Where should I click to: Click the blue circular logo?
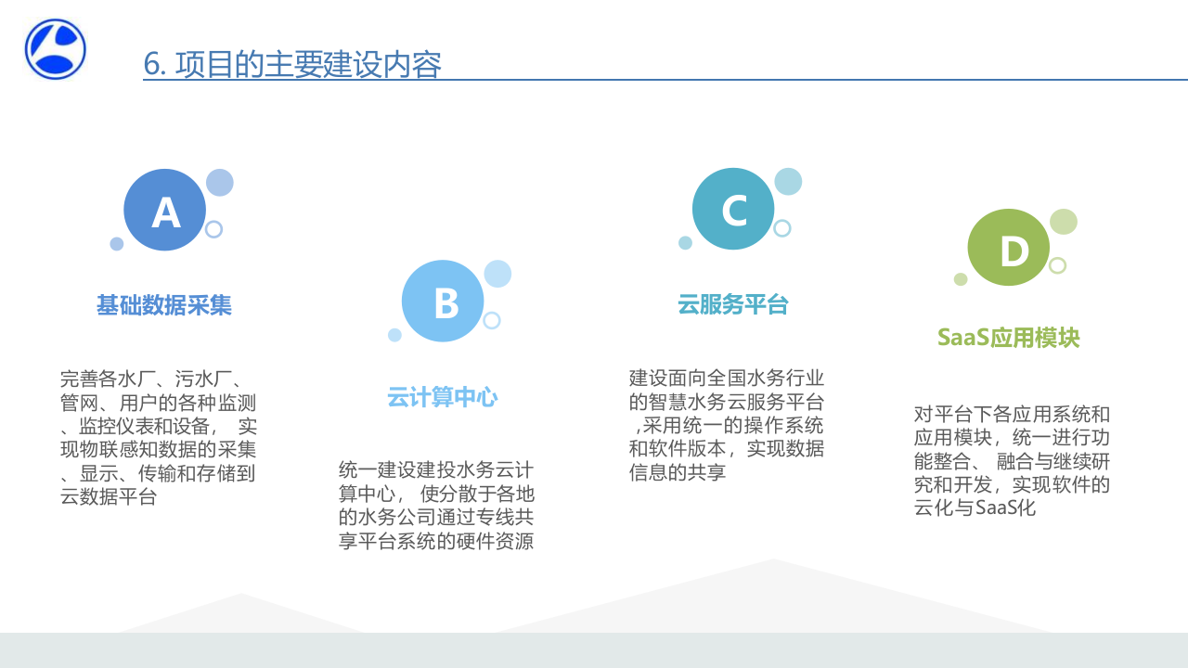coord(56,49)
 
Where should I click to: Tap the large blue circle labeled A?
coord(164,210)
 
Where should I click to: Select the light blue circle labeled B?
coord(443,301)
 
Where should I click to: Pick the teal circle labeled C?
coord(733,209)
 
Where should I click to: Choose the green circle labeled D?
coord(1009,248)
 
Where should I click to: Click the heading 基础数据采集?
coord(164,305)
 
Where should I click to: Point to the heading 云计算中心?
coord(443,398)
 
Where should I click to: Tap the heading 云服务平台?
coord(733,304)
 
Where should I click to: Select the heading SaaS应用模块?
coord(1009,337)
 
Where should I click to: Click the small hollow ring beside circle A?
coord(214,229)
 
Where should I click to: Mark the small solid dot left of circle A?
coord(117,244)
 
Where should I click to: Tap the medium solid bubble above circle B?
coord(497,274)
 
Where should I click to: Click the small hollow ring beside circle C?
coord(782,228)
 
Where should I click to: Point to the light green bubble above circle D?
coord(1064,222)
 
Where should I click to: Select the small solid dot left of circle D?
coord(961,279)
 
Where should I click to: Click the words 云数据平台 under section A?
coord(109,497)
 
